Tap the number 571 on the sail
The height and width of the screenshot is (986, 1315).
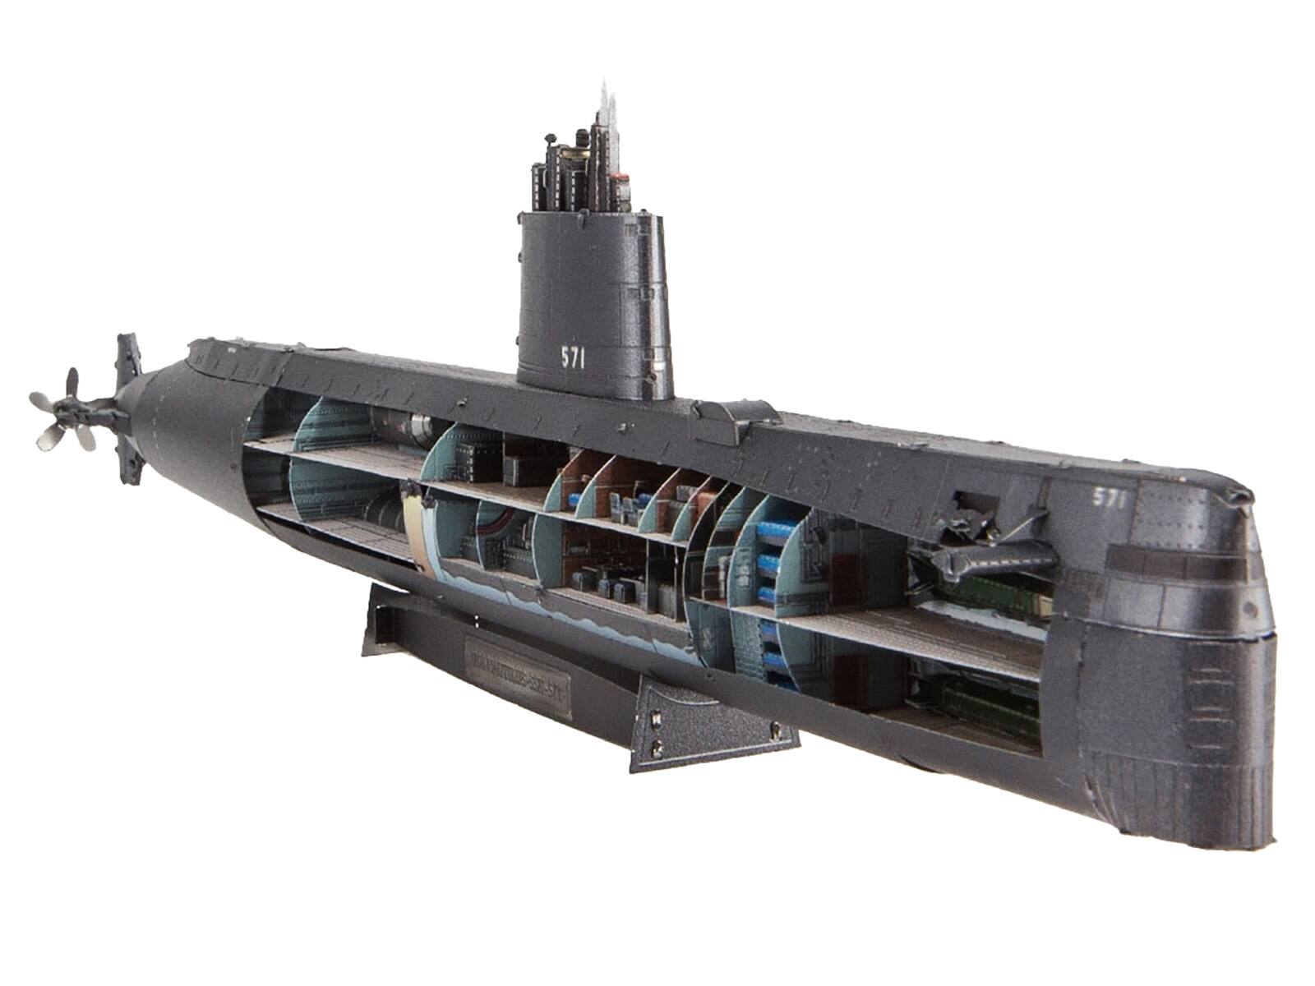click(573, 357)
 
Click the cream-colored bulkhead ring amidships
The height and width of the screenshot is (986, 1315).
click(415, 526)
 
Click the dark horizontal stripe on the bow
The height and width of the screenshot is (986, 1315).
click(1183, 567)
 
